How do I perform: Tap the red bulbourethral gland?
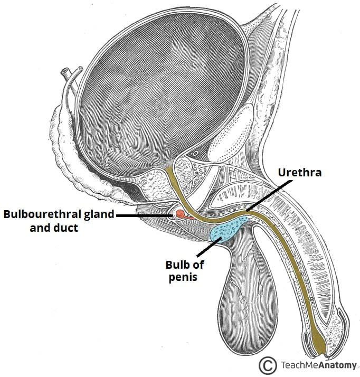click(181, 214)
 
